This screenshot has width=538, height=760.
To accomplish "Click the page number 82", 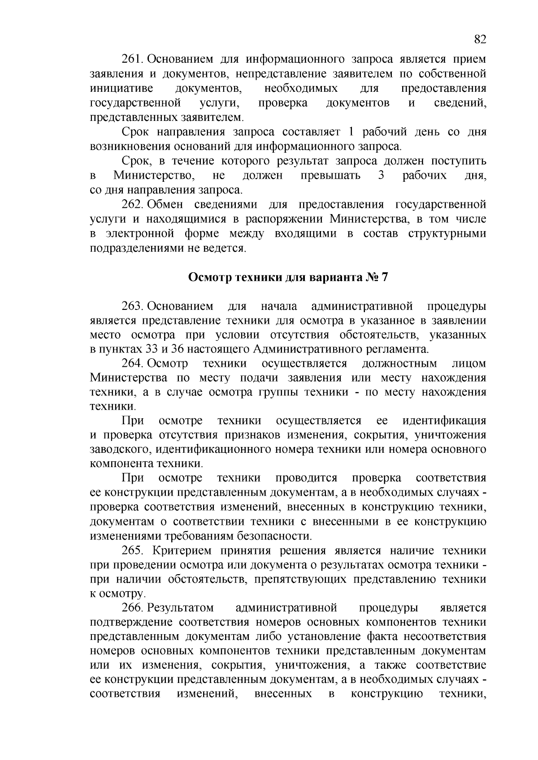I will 480,39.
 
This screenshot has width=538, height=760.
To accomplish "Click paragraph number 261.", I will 132,60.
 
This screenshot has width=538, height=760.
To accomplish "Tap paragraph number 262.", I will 132,205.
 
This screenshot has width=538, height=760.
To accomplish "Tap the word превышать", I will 330,175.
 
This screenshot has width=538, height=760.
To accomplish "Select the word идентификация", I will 444,421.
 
